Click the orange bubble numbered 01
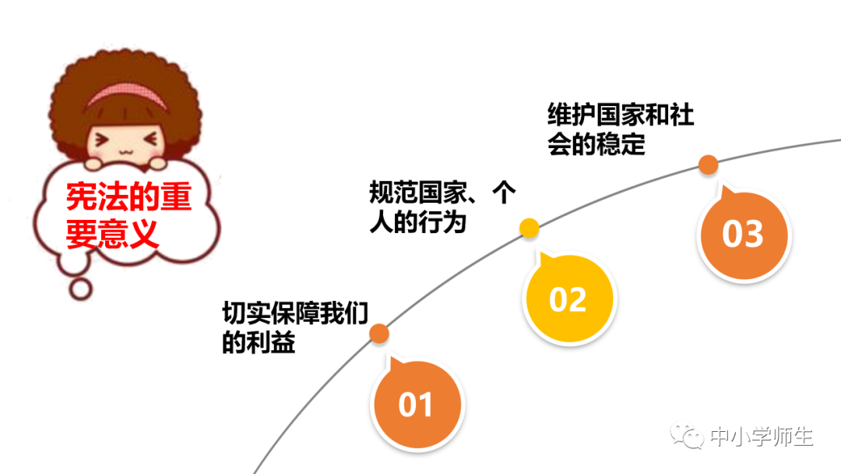click(x=416, y=403)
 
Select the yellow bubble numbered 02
click(x=568, y=299)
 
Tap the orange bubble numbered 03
click(x=743, y=233)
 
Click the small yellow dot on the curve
click(x=530, y=228)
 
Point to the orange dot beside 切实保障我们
click(x=379, y=334)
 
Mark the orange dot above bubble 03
click(x=708, y=164)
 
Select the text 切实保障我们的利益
click(x=294, y=327)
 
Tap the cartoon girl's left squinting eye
click(x=102, y=140)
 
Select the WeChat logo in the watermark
click(x=689, y=437)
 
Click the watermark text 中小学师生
click(x=762, y=437)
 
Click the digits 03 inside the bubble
click(x=743, y=234)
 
